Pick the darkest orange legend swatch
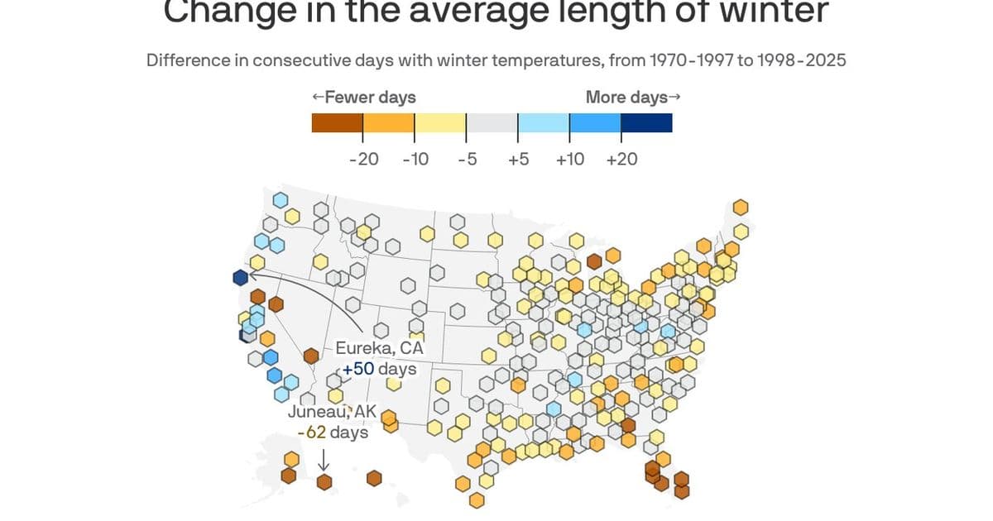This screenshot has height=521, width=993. click(x=337, y=123)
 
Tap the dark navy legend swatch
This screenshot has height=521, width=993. click(x=646, y=123)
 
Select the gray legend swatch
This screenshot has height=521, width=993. click(x=492, y=123)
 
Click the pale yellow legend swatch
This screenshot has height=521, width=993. click(x=440, y=123)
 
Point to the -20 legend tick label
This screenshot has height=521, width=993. click(x=363, y=159)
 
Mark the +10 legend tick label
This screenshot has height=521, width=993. click(x=569, y=159)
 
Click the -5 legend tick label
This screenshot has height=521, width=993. click(x=467, y=159)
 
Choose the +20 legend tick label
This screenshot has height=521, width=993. click(x=621, y=159)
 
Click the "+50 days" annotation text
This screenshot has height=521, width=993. click(x=380, y=369)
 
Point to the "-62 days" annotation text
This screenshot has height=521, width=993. click(x=333, y=432)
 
